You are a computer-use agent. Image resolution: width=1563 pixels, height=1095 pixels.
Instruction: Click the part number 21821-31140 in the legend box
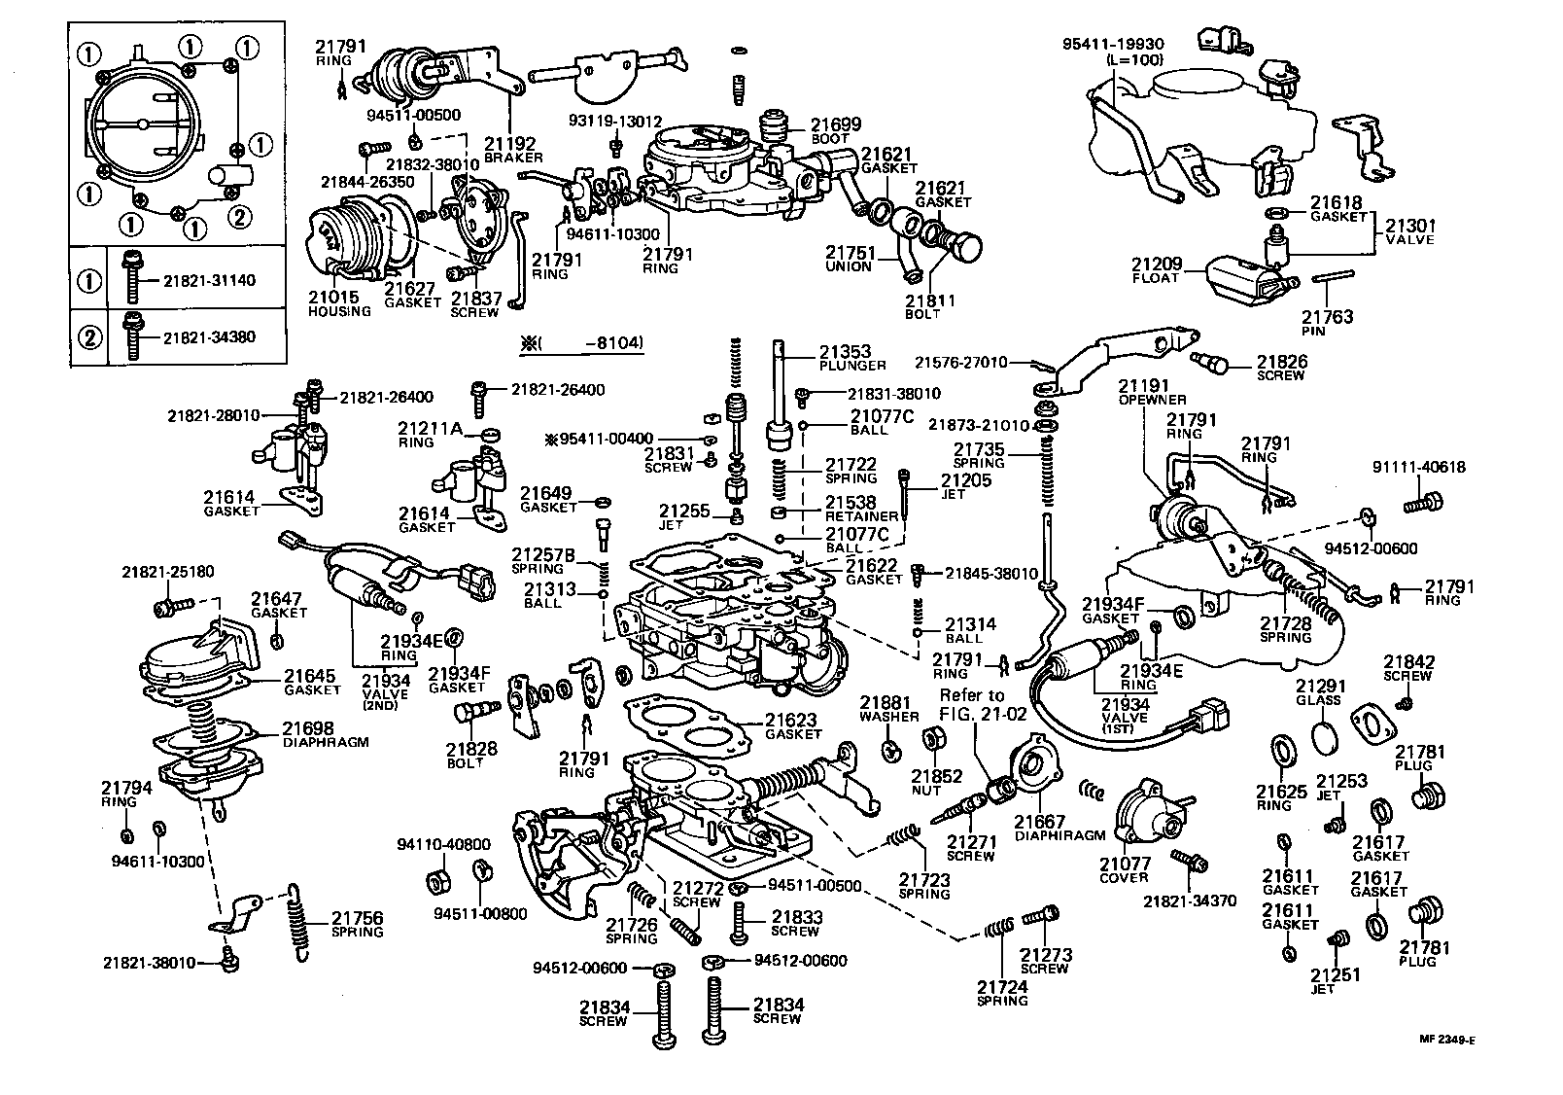(209, 281)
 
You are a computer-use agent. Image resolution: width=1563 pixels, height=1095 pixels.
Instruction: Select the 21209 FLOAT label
(1155, 269)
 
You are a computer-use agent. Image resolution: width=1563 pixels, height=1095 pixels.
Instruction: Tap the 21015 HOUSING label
(339, 303)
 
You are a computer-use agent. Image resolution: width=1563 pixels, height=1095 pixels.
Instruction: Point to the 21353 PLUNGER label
(851, 358)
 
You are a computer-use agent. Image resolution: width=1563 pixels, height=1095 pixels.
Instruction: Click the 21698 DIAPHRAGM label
(326, 733)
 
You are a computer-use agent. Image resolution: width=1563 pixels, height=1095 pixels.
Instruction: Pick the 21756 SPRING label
(357, 924)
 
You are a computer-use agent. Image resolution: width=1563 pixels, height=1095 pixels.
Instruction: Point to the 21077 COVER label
(1125, 869)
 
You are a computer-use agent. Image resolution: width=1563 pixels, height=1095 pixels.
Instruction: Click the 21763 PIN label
(1327, 323)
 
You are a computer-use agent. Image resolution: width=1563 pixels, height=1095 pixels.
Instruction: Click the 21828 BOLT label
(471, 755)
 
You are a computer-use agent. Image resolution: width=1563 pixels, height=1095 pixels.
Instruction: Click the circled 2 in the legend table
(89, 337)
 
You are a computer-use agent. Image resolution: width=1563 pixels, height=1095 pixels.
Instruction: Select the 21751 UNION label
(850, 259)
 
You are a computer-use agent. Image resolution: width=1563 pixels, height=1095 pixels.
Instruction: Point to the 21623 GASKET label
(793, 726)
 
